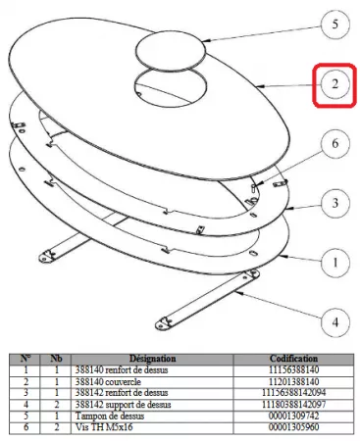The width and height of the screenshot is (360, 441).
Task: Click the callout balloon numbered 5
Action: click(x=335, y=24)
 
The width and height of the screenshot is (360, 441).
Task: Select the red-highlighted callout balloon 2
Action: click(x=335, y=84)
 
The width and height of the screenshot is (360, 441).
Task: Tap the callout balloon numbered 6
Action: click(x=335, y=143)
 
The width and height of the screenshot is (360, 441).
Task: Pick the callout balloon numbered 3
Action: click(x=335, y=204)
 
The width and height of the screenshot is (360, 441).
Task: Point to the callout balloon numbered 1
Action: click(x=335, y=263)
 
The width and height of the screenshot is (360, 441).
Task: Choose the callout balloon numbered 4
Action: click(x=335, y=322)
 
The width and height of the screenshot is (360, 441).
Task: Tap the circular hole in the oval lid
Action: click(x=171, y=87)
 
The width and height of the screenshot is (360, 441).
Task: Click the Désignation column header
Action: click(x=152, y=359)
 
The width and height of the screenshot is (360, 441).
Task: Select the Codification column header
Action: click(x=293, y=359)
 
